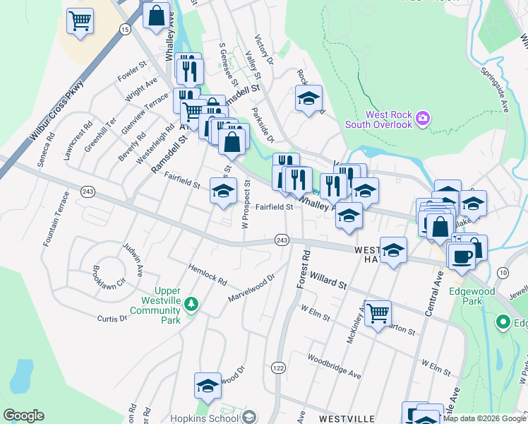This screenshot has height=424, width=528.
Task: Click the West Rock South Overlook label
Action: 378,120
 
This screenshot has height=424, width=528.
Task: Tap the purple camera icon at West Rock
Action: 422,117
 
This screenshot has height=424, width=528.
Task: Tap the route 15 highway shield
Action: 125,29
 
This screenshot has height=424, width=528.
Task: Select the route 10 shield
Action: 503,273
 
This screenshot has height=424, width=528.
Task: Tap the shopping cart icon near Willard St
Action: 378,312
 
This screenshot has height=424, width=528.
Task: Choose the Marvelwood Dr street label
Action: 250,288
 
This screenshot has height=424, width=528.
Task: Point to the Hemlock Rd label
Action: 207,276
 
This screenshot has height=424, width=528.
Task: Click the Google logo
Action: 23,416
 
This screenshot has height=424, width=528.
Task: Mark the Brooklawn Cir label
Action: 109,276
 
